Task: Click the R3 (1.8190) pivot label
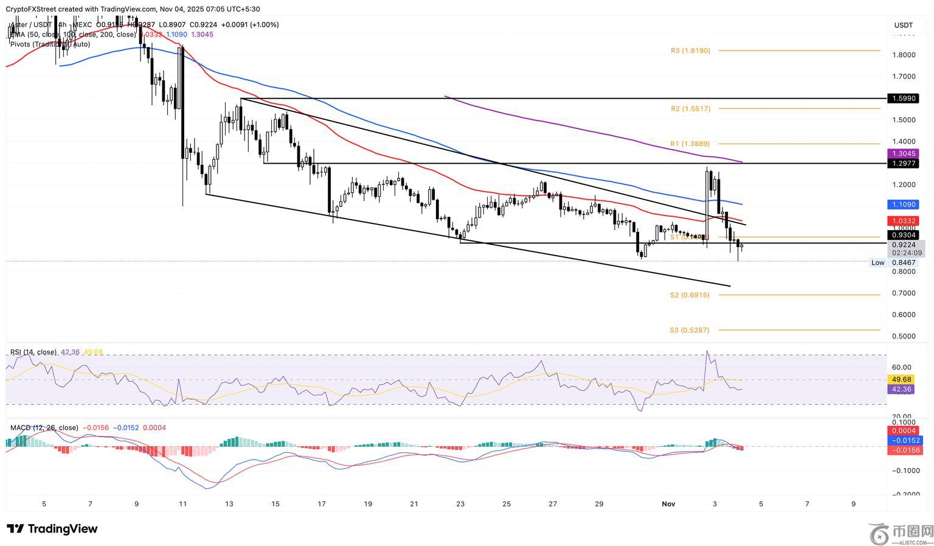[690, 51]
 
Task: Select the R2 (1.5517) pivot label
[690, 109]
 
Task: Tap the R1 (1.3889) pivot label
[690, 144]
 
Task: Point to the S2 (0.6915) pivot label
[690, 295]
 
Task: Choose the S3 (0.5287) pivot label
[690, 331]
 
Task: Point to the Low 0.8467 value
[903, 263]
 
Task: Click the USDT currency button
[903, 25]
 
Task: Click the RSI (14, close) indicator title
[33, 352]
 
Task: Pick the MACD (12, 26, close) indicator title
[44, 428]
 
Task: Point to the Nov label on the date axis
[668, 504]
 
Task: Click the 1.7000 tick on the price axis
[904, 77]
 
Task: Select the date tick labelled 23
[460, 504]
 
